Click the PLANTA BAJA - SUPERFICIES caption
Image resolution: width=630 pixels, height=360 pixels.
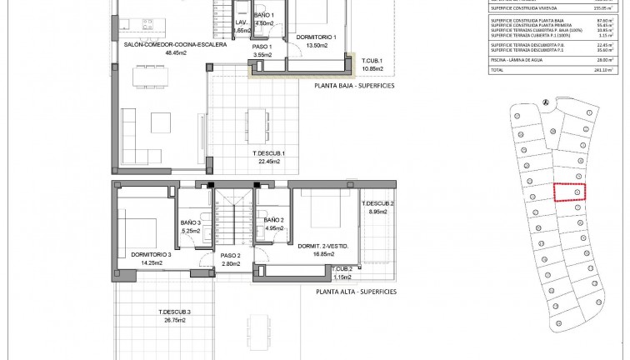[x=354, y=85]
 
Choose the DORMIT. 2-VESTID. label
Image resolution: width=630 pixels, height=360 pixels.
[x=328, y=247]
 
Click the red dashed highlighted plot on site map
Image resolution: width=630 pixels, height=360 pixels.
[x=570, y=192]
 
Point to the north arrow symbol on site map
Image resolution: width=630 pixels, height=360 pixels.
[x=546, y=103]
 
